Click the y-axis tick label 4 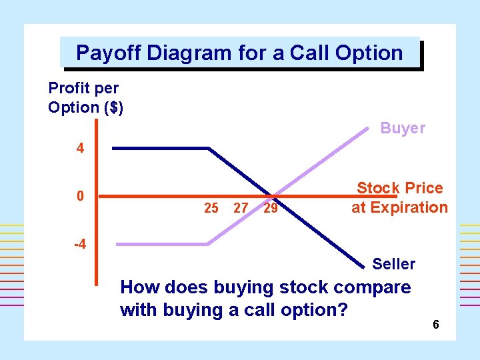click(x=80, y=149)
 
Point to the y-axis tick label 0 click(x=80, y=197)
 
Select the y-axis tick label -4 click(x=79, y=243)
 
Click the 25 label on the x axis click(x=211, y=208)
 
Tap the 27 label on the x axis click(x=241, y=208)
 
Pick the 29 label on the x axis click(x=271, y=208)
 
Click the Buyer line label click(x=402, y=128)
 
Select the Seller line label click(x=393, y=264)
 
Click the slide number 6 click(x=435, y=325)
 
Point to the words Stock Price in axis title click(x=399, y=188)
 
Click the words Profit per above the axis click(x=83, y=88)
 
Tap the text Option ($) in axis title click(x=85, y=107)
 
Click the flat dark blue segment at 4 click(x=160, y=148)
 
